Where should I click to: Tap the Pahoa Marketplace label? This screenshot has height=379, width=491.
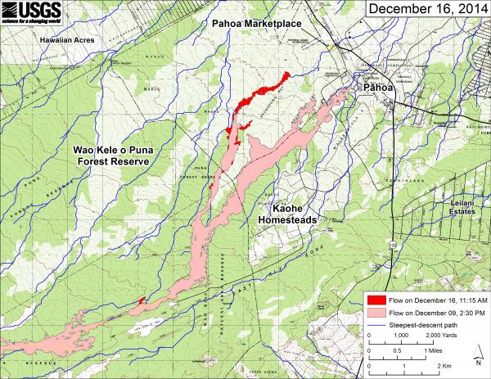(x=256, y=25)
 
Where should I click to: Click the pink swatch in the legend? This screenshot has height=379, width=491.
(x=376, y=313)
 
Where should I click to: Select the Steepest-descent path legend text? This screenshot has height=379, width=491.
(x=426, y=325)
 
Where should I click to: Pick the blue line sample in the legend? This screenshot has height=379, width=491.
(x=376, y=325)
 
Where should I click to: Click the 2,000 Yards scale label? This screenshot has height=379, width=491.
(x=447, y=336)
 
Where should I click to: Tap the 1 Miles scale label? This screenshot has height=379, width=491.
(x=444, y=350)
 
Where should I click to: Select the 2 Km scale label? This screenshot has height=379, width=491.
(x=446, y=365)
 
